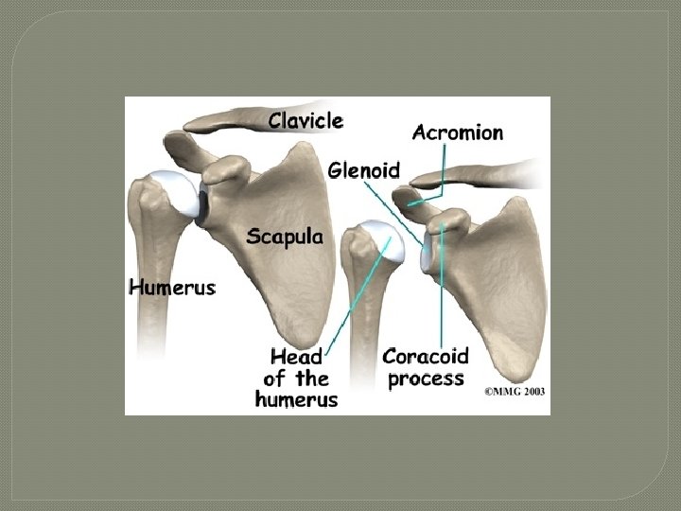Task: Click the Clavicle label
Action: (x=306, y=120)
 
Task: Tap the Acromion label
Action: (x=457, y=132)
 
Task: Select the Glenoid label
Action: (x=364, y=170)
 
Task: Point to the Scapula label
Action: (x=284, y=237)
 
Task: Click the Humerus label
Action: (x=172, y=286)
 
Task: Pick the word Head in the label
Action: (x=296, y=358)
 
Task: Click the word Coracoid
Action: (x=425, y=358)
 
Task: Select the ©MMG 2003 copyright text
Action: (x=515, y=391)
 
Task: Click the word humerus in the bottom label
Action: (x=296, y=399)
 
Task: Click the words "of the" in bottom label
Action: (x=296, y=379)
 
